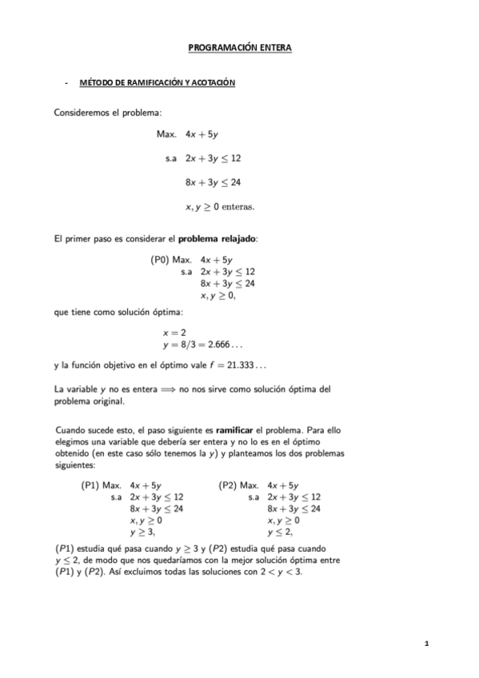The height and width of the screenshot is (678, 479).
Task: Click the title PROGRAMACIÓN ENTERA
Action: [239, 48]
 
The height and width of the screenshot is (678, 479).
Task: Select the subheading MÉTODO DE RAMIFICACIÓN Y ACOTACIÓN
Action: [158, 83]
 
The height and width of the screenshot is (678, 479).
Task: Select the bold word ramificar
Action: [245, 429]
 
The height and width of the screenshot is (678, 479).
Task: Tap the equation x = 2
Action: [174, 332]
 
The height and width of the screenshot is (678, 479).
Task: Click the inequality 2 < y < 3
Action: [281, 572]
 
